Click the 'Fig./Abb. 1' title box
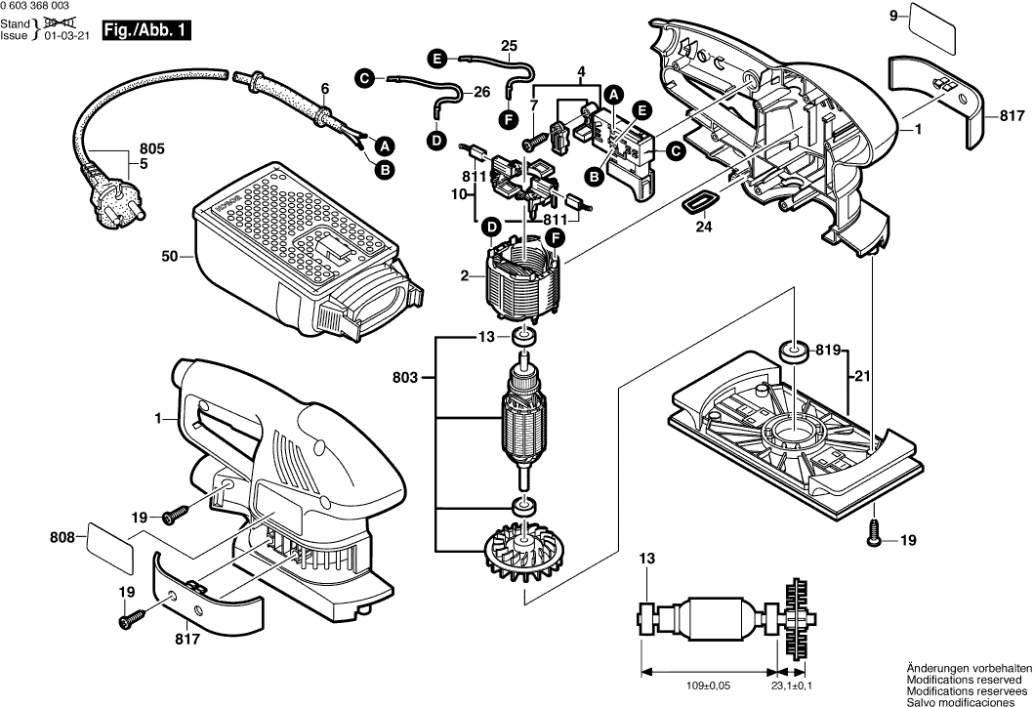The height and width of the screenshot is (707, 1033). [145, 31]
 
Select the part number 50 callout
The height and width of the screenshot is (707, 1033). [170, 257]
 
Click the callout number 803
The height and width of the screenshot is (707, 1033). [408, 377]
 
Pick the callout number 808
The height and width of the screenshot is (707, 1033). [62, 536]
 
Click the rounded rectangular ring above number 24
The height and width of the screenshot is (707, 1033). [698, 201]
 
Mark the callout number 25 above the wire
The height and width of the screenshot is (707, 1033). [510, 45]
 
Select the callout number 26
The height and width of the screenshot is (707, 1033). [481, 92]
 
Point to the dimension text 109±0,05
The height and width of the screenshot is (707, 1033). [711, 686]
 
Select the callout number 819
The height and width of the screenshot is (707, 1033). [828, 348]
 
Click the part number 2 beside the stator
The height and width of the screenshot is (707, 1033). [465, 276]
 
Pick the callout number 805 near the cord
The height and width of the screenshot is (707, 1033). [152, 148]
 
